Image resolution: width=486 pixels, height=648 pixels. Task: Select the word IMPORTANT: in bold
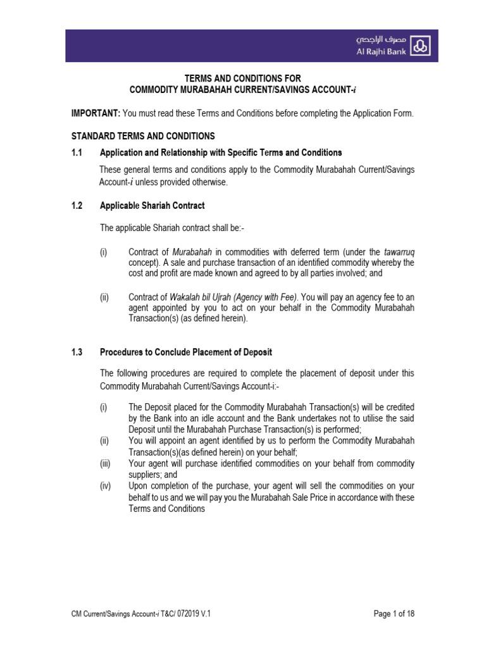coord(95,113)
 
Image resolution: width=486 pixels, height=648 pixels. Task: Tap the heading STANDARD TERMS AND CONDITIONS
coord(142,136)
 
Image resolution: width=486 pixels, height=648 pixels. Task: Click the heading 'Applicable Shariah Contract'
coord(152,206)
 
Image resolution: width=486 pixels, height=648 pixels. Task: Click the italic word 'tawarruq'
coord(399,252)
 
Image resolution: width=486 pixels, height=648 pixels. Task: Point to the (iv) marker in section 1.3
coord(106,486)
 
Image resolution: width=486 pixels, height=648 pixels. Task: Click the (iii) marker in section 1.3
coord(106,463)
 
